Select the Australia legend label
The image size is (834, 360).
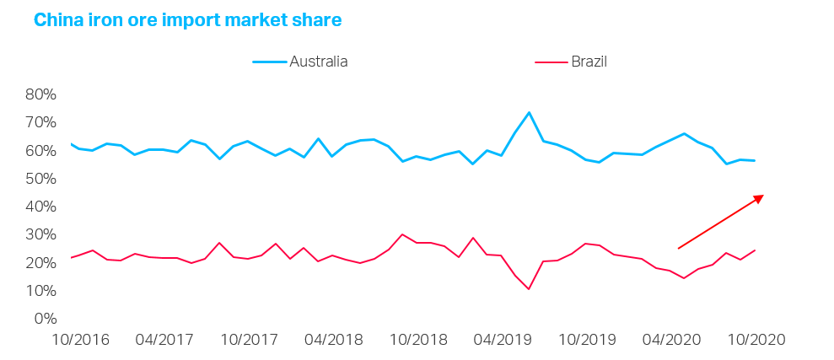tap(318, 62)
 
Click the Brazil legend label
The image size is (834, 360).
tap(589, 62)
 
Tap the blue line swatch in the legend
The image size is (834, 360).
tap(269, 62)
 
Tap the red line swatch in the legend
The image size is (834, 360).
tap(551, 62)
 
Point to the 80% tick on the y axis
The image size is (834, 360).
tap(40, 94)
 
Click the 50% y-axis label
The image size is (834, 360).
tap(40, 179)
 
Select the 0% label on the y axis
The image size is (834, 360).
tap(45, 319)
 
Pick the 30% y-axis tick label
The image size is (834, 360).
tap(40, 234)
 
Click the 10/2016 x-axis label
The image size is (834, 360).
tap(82, 340)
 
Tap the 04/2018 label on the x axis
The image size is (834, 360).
tap(333, 340)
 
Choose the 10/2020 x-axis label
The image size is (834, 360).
tap(755, 340)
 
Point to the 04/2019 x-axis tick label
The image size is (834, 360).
tap(502, 340)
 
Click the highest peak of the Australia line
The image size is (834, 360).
tap(529, 112)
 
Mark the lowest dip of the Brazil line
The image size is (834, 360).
tap(529, 289)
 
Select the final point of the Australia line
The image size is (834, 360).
tap(755, 160)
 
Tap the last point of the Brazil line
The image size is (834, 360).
tap(755, 250)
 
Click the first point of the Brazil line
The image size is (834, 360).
tap(71, 257)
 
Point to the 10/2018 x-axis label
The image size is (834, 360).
tap(417, 340)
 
